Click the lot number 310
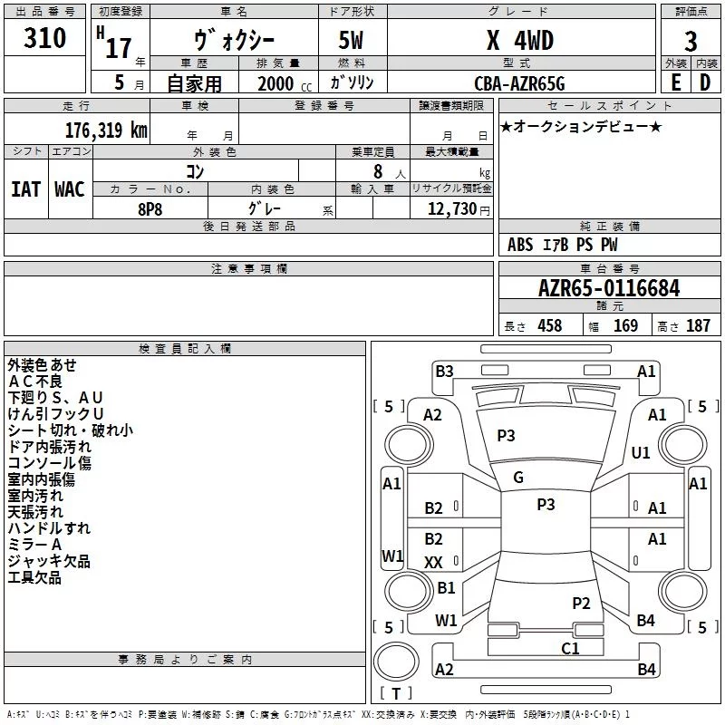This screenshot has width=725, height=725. [x=44, y=38]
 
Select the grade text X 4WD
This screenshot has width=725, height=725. [x=520, y=40]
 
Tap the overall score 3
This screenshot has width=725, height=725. [x=691, y=42]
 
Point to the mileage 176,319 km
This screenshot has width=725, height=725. [x=106, y=130]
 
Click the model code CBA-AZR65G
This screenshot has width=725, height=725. [x=519, y=83]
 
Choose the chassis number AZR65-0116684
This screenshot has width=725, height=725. [x=609, y=288]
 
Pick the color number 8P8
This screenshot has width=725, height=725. [x=150, y=209]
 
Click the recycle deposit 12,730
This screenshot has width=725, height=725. [x=452, y=209]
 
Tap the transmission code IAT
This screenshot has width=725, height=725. [x=26, y=189]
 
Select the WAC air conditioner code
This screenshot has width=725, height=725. [x=70, y=189]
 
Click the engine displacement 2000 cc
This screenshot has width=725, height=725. [x=285, y=84]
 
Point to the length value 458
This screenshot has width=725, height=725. [x=550, y=326]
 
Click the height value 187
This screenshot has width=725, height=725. [x=698, y=326]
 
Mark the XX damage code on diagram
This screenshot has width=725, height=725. [x=433, y=562]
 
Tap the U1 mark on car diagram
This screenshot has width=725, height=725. [x=641, y=452]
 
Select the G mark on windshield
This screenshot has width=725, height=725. [x=518, y=478]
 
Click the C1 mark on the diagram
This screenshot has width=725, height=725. [x=570, y=648]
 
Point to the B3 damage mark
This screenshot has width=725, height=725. [x=444, y=371]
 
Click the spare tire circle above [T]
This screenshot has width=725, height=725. [x=396, y=662]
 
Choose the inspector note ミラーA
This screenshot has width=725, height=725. [x=34, y=545]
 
